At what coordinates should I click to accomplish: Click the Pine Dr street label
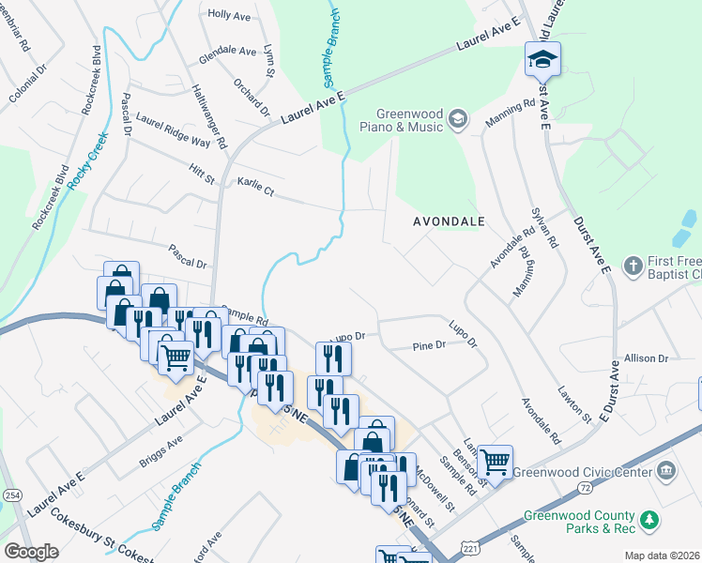tap(429, 346)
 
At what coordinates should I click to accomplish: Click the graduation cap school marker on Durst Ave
tap(542, 60)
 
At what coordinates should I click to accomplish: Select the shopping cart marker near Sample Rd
tap(495, 462)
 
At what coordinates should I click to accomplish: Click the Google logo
tap(31, 552)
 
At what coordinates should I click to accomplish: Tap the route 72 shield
tap(584, 488)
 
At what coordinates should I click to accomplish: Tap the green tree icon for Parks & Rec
tap(647, 520)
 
